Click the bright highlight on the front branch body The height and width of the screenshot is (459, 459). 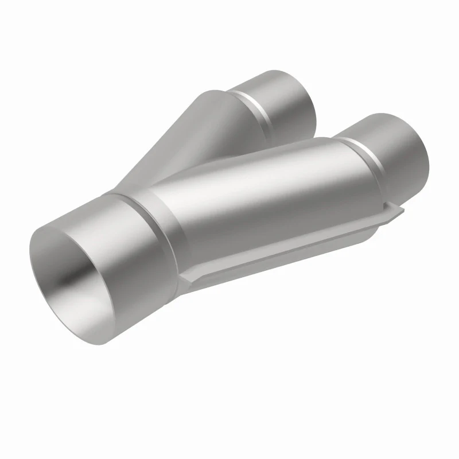258,189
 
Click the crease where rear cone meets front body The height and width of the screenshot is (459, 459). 189,172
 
